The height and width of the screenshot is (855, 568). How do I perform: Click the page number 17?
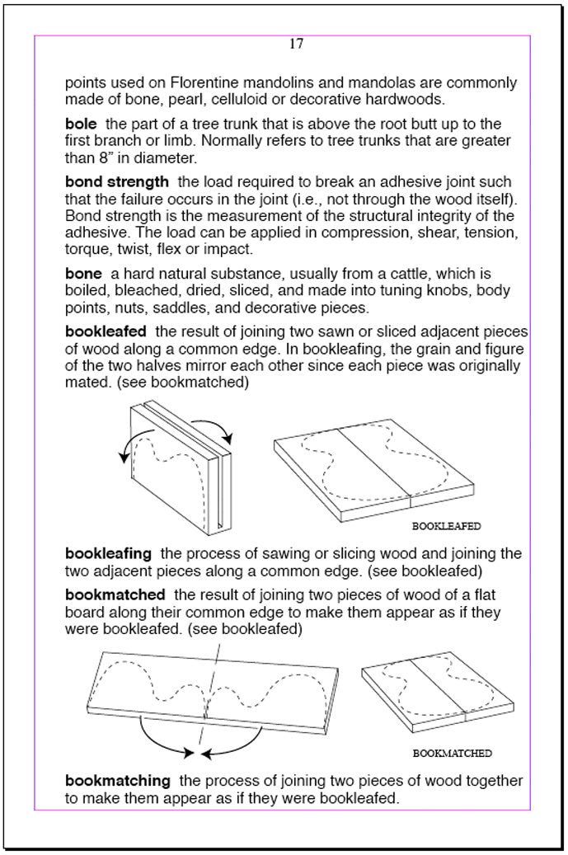(x=296, y=45)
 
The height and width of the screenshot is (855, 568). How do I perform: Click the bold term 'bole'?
(x=81, y=124)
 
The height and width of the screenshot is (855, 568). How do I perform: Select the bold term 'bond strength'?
(x=116, y=181)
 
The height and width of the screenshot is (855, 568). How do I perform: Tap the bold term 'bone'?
(x=83, y=273)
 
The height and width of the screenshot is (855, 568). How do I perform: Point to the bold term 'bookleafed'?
(x=106, y=331)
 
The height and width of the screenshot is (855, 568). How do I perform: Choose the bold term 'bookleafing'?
(x=108, y=554)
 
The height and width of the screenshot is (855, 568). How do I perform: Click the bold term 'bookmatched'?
(x=115, y=595)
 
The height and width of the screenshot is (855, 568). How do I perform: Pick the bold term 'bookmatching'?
(x=117, y=781)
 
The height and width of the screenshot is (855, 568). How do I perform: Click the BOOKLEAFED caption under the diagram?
(x=446, y=525)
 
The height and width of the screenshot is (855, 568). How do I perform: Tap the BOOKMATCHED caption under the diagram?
(x=452, y=753)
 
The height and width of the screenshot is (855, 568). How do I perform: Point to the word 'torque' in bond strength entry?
(x=87, y=250)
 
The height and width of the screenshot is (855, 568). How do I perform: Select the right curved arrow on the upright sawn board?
(x=219, y=428)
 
